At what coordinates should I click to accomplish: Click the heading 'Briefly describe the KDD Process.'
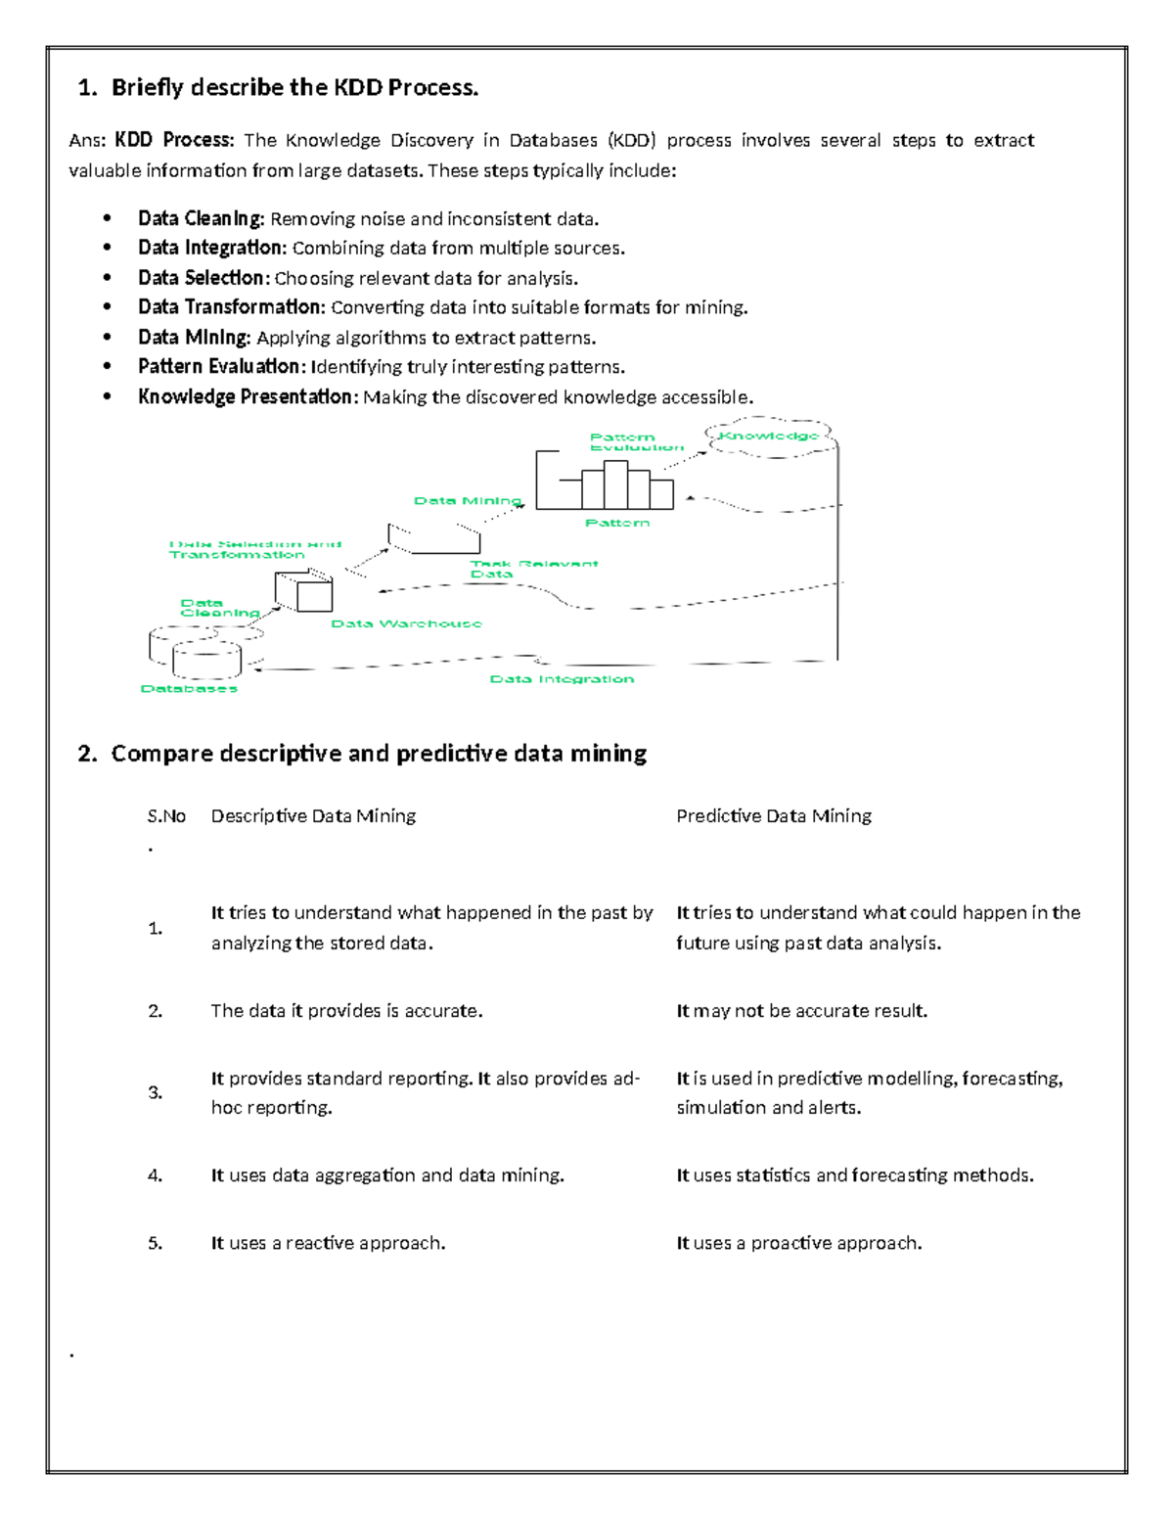coord(294,88)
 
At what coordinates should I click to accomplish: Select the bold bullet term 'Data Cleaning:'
coord(201,218)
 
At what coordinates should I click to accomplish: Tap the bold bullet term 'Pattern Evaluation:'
coord(221,366)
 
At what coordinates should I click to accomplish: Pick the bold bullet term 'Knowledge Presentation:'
coord(248,396)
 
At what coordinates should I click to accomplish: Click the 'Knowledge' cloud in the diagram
coord(769,437)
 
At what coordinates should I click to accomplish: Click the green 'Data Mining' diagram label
coord(467,500)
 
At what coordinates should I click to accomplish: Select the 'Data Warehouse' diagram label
coord(406,623)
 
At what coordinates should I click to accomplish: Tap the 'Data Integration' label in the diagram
coord(562,678)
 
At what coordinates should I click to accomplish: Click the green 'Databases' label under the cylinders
coord(189,688)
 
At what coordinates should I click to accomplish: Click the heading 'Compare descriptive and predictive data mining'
coord(379,754)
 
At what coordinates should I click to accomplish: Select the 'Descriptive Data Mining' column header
coord(313,815)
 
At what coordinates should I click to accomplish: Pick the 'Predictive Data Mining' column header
coord(773,815)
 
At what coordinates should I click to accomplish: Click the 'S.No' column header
coord(166,816)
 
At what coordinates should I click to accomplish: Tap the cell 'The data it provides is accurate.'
coord(346,1010)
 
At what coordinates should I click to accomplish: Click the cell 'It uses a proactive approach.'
coord(798,1243)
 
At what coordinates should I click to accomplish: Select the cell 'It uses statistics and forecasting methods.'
coord(854,1175)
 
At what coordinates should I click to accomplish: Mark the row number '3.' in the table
coord(156,1092)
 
